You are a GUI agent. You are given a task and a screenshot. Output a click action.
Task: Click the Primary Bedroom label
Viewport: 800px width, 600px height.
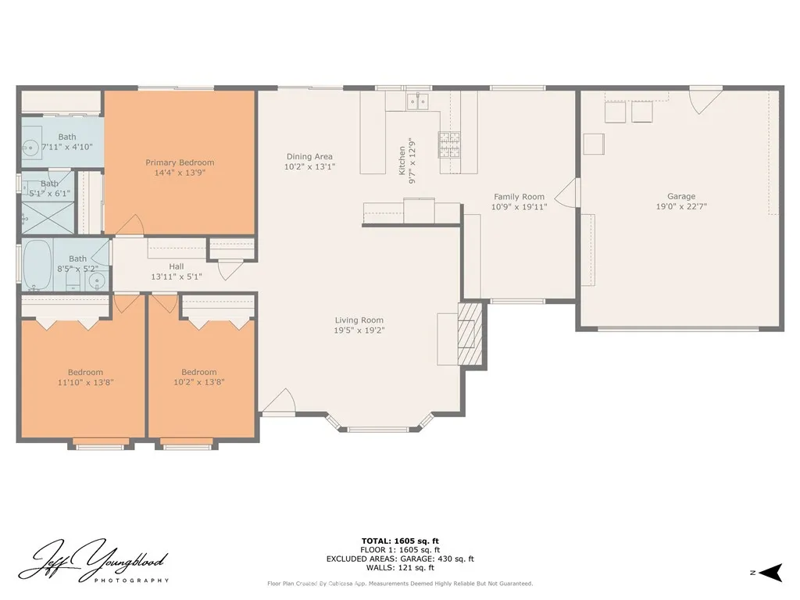pos(180,162)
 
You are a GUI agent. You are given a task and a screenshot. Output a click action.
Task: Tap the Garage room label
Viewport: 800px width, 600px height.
pos(680,197)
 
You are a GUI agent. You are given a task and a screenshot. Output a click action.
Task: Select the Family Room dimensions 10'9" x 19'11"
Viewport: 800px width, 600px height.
pos(519,207)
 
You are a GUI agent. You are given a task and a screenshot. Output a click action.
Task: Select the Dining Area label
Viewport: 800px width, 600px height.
pos(309,156)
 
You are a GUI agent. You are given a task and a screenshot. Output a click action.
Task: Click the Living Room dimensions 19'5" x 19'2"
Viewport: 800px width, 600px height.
pos(359,330)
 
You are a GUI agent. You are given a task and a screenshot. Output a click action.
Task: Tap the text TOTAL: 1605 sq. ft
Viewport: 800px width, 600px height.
pos(400,541)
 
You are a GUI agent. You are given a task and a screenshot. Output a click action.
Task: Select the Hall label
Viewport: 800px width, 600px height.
pos(177,266)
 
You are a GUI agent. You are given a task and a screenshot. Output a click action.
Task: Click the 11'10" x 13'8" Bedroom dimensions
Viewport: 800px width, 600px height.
pos(85,383)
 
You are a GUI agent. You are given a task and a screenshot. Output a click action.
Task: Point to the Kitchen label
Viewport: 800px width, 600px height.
pos(403,160)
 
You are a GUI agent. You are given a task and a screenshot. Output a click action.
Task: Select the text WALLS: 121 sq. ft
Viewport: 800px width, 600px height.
pos(400,568)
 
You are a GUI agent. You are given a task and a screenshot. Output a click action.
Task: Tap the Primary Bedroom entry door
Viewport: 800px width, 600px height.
pos(129,225)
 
